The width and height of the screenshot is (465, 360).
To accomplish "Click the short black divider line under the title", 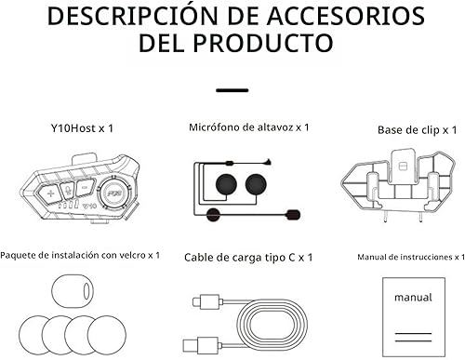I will [x=232, y=90].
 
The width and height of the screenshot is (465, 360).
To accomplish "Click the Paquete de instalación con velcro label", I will [x=80, y=254].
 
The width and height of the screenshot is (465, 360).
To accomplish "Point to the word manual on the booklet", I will [x=412, y=299].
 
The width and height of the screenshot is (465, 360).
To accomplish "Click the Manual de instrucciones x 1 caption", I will [x=410, y=254].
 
